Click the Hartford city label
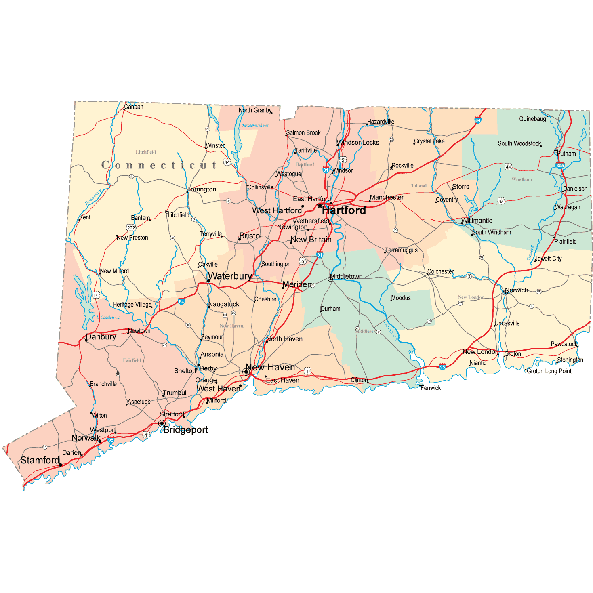pos(344,210)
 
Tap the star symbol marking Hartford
pos(320,206)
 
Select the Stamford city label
pos(40,460)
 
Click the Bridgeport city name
pos(185,430)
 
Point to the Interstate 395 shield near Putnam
pos(560,165)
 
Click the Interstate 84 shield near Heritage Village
pos(181,301)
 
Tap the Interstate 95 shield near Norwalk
pos(111,440)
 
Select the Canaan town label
pos(134,107)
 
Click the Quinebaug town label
pos(532,119)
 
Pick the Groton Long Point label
pos(549,371)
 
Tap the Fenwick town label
pos(431,388)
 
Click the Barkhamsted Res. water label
pos(255,125)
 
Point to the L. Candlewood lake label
pos(109,317)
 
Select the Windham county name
pos(522,179)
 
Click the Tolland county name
pos(418,186)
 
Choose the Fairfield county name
pos(132,360)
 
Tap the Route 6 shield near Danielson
pos(501,201)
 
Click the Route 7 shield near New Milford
pos(96,295)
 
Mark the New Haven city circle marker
pos(246,372)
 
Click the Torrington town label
pos(202,189)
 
